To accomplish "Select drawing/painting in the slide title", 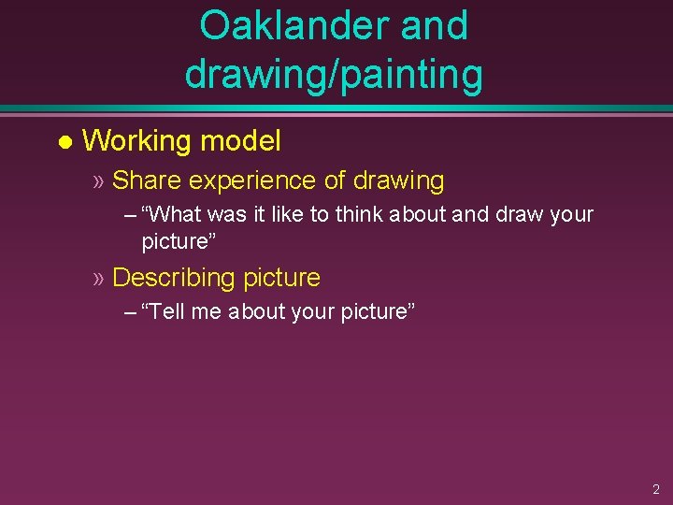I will [x=334, y=74].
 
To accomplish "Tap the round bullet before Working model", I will [x=64, y=143].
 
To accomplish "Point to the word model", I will [x=240, y=141].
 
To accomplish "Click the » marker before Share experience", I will [x=98, y=180].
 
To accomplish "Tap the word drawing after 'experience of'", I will [x=398, y=180].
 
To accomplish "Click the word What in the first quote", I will [x=173, y=214].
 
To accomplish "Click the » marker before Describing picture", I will [x=98, y=278].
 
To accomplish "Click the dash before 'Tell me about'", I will [x=129, y=311].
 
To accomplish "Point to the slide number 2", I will [x=655, y=489].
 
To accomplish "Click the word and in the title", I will [x=434, y=26].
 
